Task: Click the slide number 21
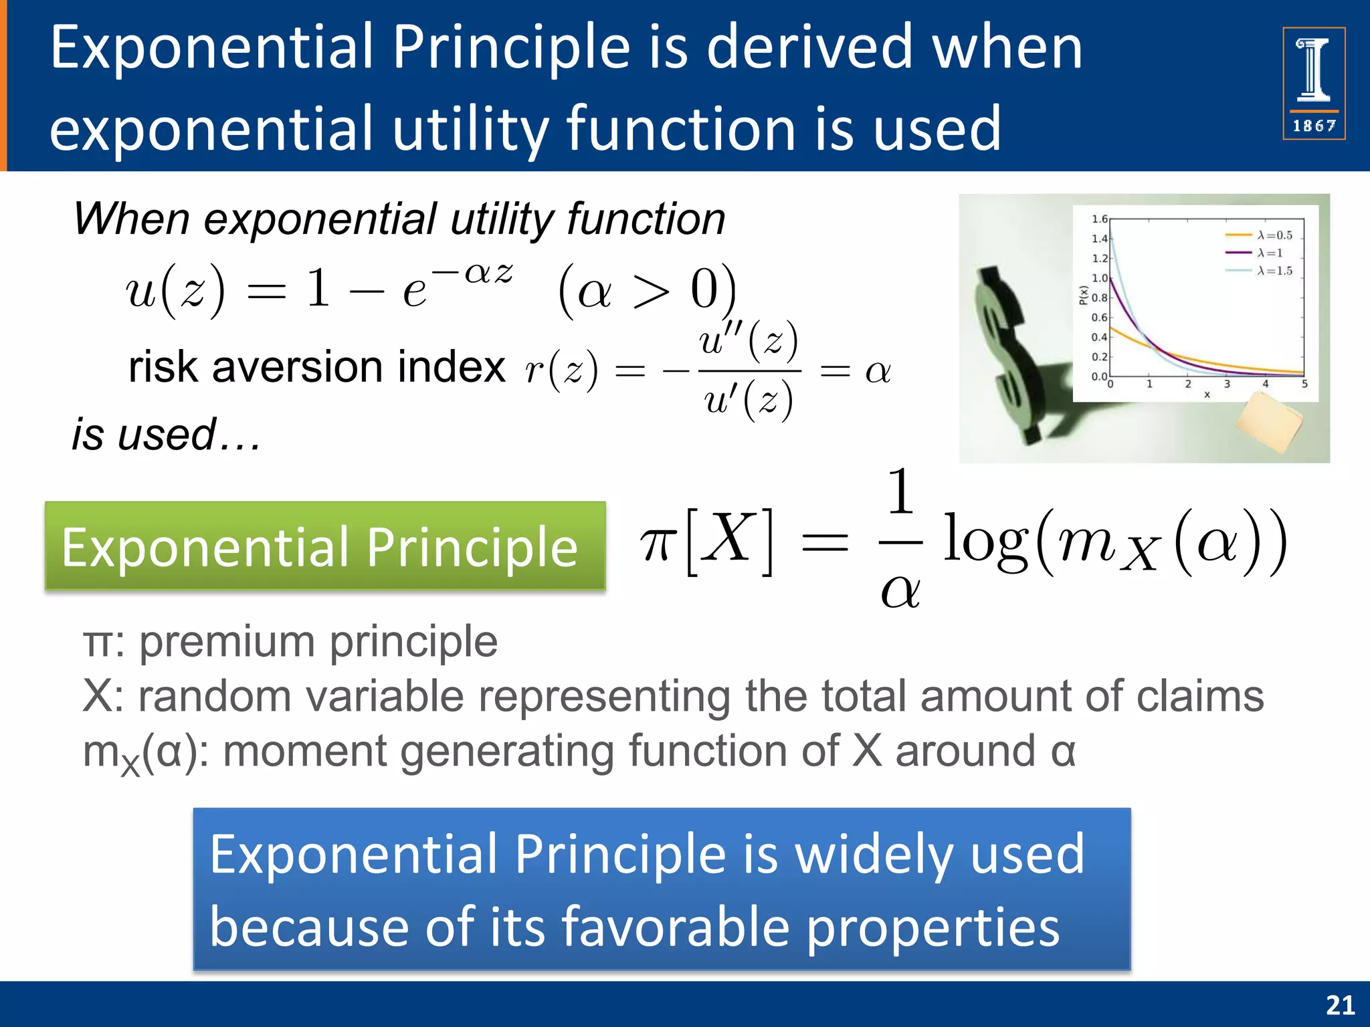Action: [1340, 1005]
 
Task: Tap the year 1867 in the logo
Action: [1314, 126]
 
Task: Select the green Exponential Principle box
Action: [325, 546]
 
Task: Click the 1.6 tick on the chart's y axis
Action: [1099, 219]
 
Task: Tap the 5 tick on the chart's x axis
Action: [1304, 384]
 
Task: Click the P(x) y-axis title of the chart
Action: [1083, 295]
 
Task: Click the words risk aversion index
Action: [316, 367]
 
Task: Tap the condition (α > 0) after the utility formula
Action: [647, 292]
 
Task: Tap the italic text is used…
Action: [166, 435]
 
